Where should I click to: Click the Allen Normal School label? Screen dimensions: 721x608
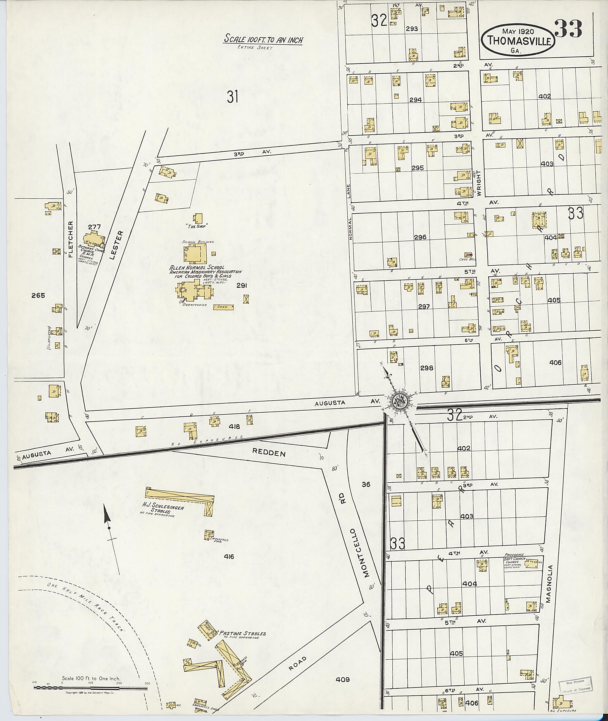click(197, 267)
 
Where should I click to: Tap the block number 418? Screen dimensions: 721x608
click(234, 427)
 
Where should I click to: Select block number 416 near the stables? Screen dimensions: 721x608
click(229, 556)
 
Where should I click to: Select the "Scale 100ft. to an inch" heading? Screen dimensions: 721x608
click(263, 40)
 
